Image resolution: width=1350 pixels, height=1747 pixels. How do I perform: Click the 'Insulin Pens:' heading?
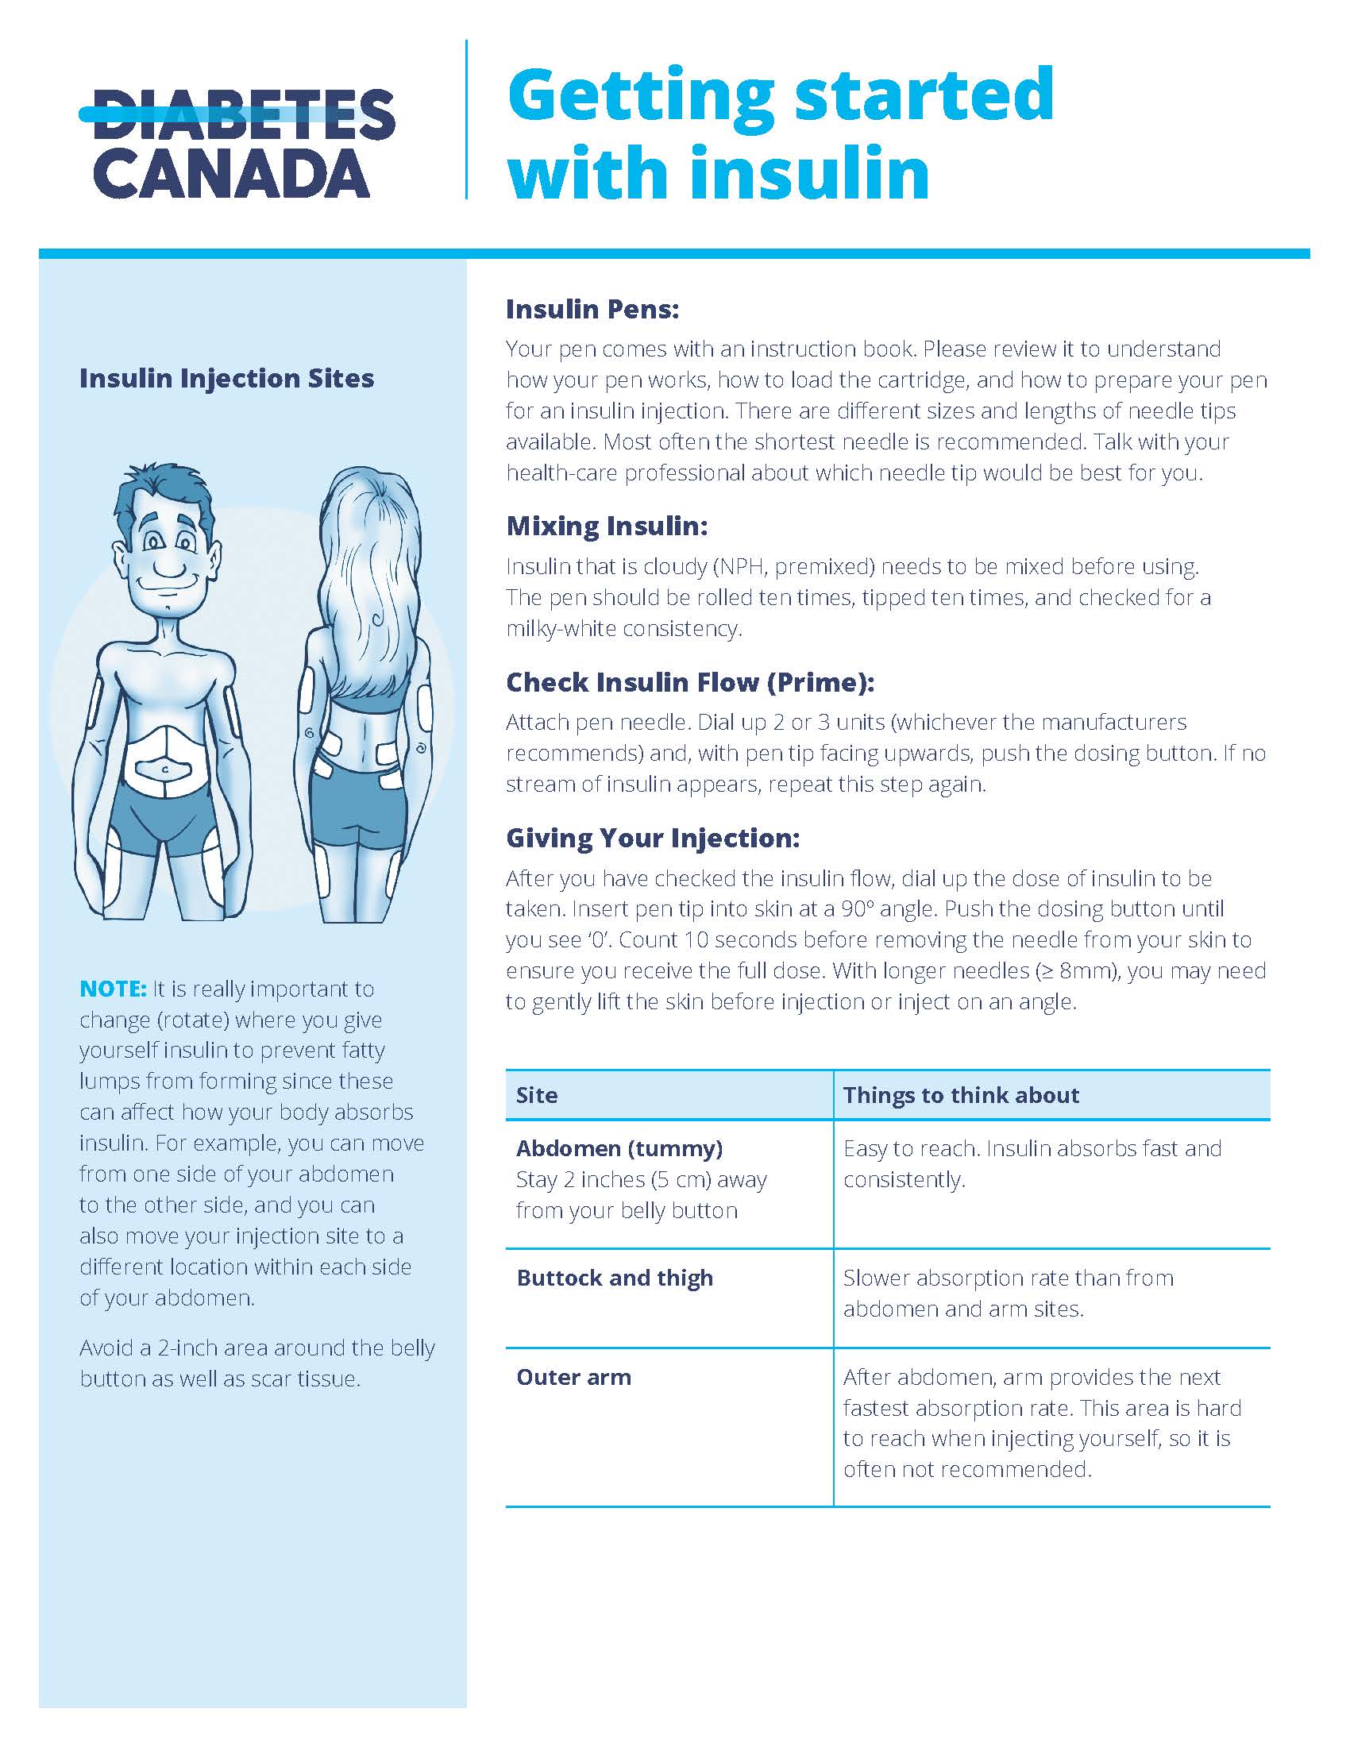point(592,310)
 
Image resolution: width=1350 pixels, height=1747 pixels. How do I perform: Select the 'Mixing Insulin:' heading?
point(606,526)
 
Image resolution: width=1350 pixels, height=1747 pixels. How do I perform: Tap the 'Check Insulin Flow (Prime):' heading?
point(689,682)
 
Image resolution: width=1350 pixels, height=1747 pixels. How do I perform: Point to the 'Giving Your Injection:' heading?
point(653,839)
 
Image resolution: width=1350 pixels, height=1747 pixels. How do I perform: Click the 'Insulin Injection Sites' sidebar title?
point(226,378)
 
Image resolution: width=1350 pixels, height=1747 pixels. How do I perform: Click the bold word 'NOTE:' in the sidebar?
point(113,989)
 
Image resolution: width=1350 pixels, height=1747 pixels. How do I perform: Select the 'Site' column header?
point(537,1095)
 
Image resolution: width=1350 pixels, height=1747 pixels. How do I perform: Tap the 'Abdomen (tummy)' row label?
point(619,1149)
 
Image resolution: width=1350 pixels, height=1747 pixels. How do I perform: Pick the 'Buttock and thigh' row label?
point(614,1278)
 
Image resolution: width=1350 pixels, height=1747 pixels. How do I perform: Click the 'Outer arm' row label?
point(573,1377)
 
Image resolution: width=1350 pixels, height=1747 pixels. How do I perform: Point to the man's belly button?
point(164,769)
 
